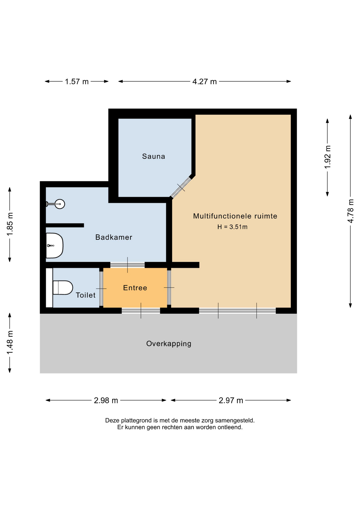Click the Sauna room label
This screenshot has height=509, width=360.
pyautogui.click(x=153, y=156)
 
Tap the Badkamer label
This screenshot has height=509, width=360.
pyautogui.click(x=114, y=237)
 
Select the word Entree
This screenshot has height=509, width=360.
pyautogui.click(x=135, y=288)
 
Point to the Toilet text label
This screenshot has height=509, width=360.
pyautogui.click(x=86, y=295)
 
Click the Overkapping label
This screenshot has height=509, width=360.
pyautogui.click(x=169, y=344)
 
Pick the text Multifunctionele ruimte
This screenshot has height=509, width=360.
pyautogui.click(x=235, y=216)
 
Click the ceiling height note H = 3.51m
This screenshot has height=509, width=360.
pyautogui.click(x=232, y=227)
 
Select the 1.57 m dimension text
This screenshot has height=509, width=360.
pyautogui.click(x=77, y=81)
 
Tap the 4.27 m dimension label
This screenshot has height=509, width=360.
pyautogui.click(x=204, y=81)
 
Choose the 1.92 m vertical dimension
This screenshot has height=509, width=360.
pyautogui.click(x=328, y=157)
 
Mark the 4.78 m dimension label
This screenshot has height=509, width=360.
pyautogui.click(x=350, y=211)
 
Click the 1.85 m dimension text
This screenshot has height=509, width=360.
pyautogui.click(x=10, y=224)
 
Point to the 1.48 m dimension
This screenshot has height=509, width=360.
pyautogui.click(x=10, y=342)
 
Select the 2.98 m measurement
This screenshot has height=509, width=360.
pyautogui.click(x=106, y=400)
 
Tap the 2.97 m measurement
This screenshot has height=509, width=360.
pyautogui.click(x=231, y=400)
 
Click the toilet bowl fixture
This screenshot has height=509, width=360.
pyautogui.click(x=63, y=288)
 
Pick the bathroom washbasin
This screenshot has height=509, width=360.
pyautogui.click(x=54, y=245)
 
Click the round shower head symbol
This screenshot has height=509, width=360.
pyautogui.click(x=60, y=204)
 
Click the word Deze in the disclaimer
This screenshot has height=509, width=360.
pyautogui.click(x=112, y=420)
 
